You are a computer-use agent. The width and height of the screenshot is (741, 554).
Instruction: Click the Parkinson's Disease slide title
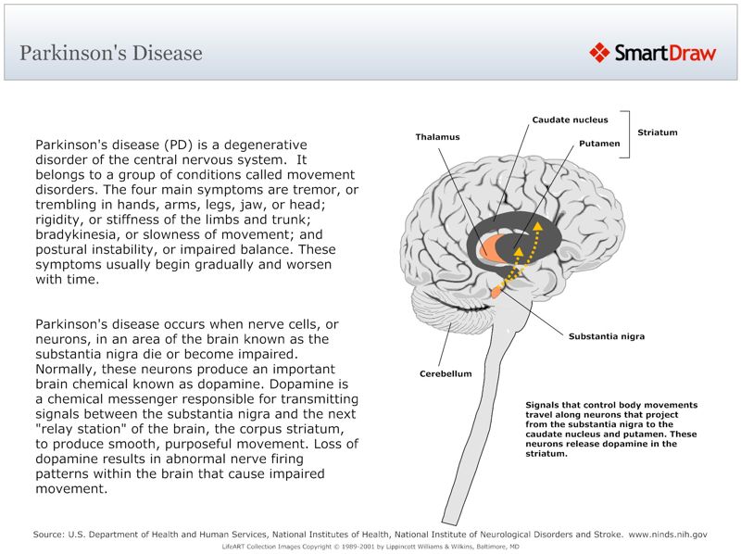(111, 53)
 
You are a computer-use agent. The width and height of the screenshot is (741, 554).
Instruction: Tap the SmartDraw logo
(653, 53)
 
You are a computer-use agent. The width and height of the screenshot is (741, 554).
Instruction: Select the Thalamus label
(437, 137)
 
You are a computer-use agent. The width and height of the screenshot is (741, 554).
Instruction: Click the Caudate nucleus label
(570, 120)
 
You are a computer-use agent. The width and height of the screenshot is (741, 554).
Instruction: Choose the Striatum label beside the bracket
(657, 132)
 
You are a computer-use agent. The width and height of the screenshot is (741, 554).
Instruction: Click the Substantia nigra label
(606, 336)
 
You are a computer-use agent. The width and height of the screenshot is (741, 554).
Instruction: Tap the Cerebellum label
(446, 374)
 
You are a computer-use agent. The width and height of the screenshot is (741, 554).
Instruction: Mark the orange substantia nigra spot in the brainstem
(497, 292)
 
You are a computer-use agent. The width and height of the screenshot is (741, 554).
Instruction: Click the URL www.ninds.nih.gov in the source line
(667, 535)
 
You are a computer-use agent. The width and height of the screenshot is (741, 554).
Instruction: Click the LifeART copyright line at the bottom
(370, 547)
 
